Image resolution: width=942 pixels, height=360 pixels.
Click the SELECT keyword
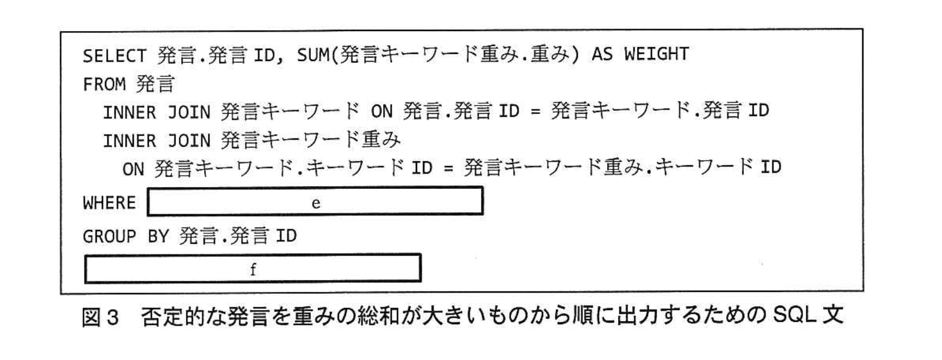pyautogui.click(x=114, y=56)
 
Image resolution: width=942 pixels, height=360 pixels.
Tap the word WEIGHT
pyautogui.click(x=656, y=55)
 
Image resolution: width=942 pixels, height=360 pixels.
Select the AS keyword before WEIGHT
pyautogui.click(x=602, y=55)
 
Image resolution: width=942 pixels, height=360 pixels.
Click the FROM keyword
pyautogui.click(x=104, y=85)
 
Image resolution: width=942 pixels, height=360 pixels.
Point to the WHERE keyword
pyautogui.click(x=109, y=203)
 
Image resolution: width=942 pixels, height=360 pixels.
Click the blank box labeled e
pyautogui.click(x=315, y=202)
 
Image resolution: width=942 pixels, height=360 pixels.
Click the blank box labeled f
pyautogui.click(x=253, y=269)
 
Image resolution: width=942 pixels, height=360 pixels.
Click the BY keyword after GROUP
pyautogui.click(x=158, y=236)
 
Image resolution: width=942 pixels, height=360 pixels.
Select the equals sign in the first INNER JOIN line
pyautogui.click(x=535, y=111)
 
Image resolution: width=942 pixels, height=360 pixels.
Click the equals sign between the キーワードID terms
pyautogui.click(x=448, y=169)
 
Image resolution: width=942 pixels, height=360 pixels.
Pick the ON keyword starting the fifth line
pyautogui.click(x=133, y=169)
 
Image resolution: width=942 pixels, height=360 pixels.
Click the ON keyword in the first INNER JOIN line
pyautogui.click(x=381, y=111)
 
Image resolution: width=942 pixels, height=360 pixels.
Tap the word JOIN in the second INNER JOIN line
pyautogui.click(x=188, y=141)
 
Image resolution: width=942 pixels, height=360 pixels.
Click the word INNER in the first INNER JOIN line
pyautogui.click(x=130, y=113)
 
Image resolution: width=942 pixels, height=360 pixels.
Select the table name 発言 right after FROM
pyautogui.click(x=155, y=85)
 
